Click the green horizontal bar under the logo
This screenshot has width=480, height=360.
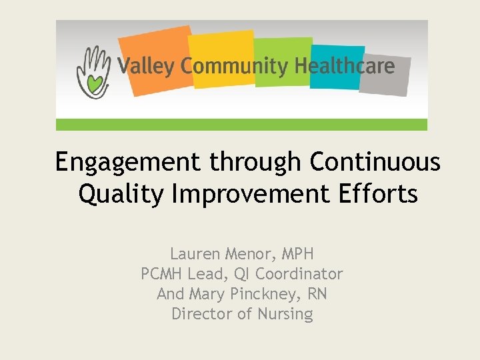tap(241, 125)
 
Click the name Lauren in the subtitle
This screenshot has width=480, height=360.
tap(194, 254)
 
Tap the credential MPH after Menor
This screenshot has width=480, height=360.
tap(297, 254)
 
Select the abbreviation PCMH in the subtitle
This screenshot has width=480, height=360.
tap(163, 274)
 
